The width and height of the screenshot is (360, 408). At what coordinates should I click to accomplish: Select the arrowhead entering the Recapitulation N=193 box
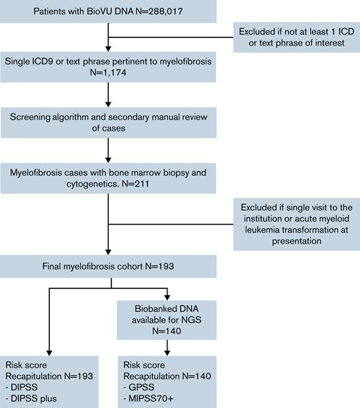tap(48, 353)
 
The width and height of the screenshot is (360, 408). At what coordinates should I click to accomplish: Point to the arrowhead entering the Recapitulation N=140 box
tap(169, 353)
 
